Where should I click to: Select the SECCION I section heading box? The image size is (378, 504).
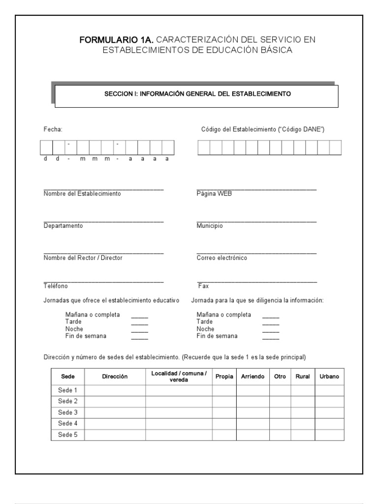[x=196, y=96]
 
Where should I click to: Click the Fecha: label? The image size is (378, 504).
[x=53, y=129]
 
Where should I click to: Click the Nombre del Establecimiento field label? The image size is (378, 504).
[x=82, y=194]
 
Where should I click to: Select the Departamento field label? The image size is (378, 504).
[x=63, y=226]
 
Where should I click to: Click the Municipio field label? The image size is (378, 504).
[x=210, y=226]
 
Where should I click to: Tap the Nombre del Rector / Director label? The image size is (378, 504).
[x=83, y=258]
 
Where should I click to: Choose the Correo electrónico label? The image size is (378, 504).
[x=221, y=258]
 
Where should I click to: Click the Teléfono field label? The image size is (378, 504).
[x=56, y=286]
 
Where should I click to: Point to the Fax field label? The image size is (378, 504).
[x=203, y=286]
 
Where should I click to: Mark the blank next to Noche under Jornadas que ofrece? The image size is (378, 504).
[x=139, y=329]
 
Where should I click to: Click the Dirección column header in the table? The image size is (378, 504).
[x=115, y=377]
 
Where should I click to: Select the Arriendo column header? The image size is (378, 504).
[x=252, y=377]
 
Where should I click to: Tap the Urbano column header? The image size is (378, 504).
[x=329, y=377]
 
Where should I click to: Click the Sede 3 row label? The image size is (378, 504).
[x=68, y=412]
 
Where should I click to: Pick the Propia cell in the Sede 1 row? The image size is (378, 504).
[x=224, y=390]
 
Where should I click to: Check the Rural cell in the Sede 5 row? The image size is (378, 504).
[x=302, y=435]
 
